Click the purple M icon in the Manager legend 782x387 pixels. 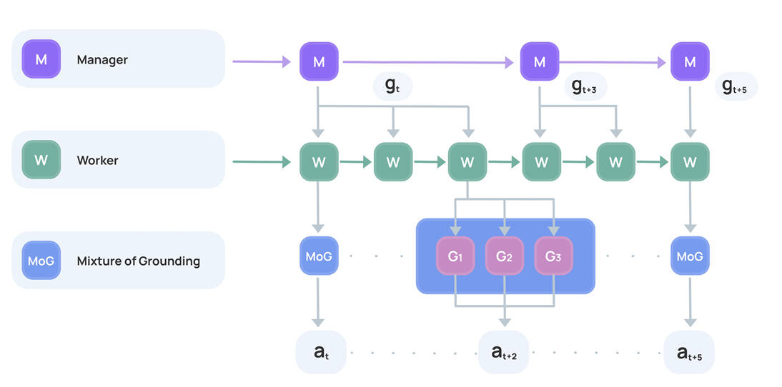[x=41, y=60]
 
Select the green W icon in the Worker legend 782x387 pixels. [x=41, y=161]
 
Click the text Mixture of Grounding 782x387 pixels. [x=138, y=261]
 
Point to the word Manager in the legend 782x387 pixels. [x=102, y=60]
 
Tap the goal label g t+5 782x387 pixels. [x=736, y=86]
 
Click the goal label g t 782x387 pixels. [x=393, y=86]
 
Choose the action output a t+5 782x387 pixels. [x=689, y=352]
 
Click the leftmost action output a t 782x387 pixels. [x=320, y=352]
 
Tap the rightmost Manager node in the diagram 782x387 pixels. [x=690, y=62]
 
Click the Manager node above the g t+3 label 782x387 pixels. [x=540, y=62]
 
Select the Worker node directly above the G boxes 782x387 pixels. [x=467, y=162]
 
